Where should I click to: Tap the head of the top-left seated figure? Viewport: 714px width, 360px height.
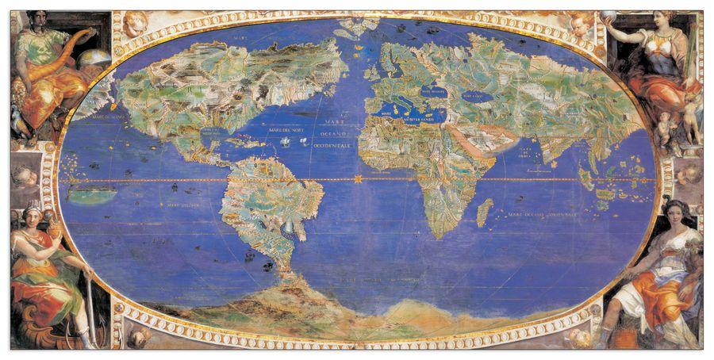37,19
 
